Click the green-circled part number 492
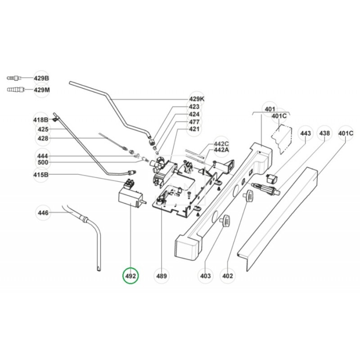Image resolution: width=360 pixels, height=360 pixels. (x=131, y=275)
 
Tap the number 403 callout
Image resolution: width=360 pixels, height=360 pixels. (x=205, y=275)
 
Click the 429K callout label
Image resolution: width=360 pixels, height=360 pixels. (x=196, y=99)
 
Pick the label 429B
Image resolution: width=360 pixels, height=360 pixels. (x=41, y=78)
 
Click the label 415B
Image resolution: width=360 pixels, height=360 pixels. (x=41, y=175)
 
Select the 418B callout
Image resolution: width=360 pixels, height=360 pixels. (x=41, y=120)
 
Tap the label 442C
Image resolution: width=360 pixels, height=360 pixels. (x=221, y=144)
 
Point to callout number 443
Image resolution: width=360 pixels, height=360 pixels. (x=305, y=134)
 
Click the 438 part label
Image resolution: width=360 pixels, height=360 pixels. (x=324, y=134)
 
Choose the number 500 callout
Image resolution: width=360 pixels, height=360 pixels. (x=43, y=162)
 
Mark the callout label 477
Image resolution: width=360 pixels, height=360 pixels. (x=194, y=122)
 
